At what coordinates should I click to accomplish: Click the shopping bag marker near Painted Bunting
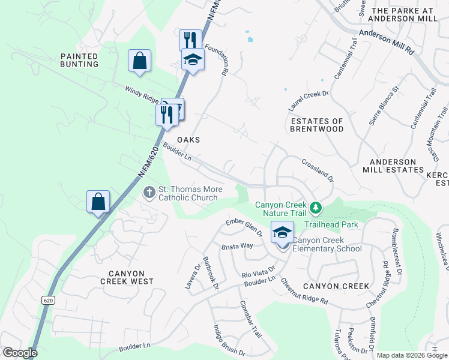point(139,61)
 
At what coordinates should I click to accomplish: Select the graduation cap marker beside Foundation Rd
point(193,60)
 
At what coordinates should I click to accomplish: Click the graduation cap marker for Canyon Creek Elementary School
point(282,232)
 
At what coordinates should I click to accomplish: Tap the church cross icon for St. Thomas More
point(149,193)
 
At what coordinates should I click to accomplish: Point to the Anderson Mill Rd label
point(387,42)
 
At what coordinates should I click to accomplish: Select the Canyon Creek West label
point(127,277)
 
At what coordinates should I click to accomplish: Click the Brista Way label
point(237,246)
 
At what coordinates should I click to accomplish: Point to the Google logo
point(20,353)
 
